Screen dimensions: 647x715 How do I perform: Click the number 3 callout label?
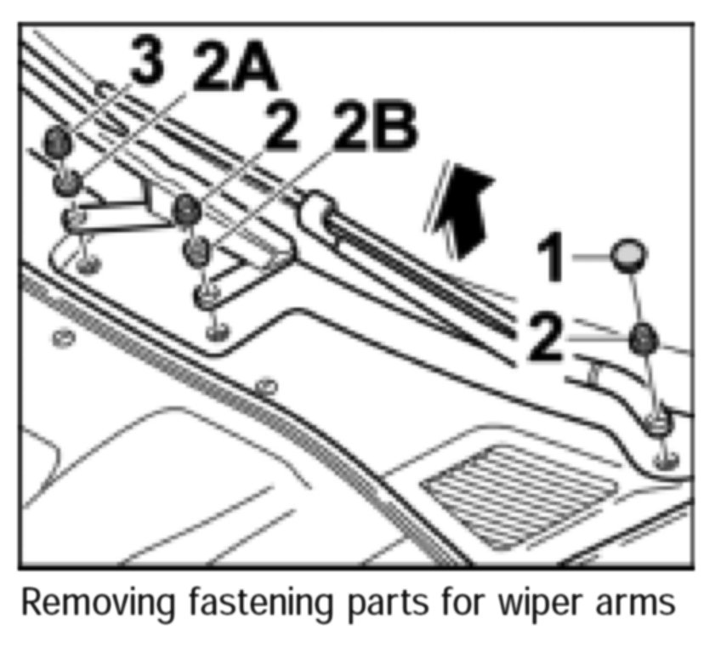click(145, 65)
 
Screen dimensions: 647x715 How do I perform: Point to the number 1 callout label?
click(553, 259)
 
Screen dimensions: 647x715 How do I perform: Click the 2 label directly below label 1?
click(543, 337)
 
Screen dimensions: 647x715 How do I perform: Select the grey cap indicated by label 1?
click(627, 254)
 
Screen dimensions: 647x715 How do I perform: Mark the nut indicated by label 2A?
click(65, 181)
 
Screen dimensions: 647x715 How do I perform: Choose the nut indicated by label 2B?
click(197, 250)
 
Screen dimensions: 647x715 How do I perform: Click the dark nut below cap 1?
click(644, 338)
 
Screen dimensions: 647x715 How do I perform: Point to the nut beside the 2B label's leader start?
click(186, 208)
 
